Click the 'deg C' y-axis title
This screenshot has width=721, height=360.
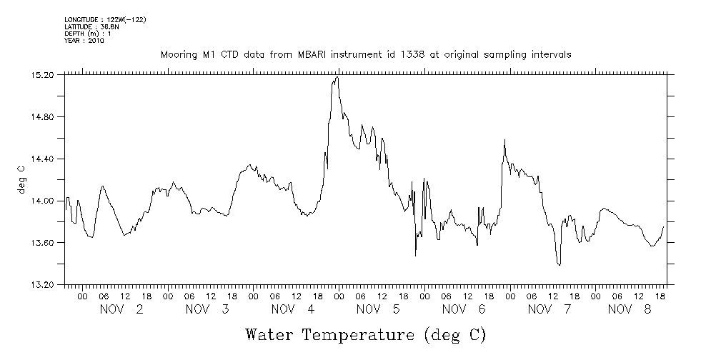click(21, 179)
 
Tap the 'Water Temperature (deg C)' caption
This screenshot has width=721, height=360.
click(365, 334)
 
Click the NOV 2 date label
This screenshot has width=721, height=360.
click(121, 309)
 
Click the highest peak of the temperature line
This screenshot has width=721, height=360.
click(337, 77)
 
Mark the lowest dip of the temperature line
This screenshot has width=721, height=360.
click(559, 265)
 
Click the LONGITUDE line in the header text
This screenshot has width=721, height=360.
click(106, 19)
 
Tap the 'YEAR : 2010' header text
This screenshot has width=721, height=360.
click(84, 41)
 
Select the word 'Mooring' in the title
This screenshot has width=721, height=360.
click(176, 54)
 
